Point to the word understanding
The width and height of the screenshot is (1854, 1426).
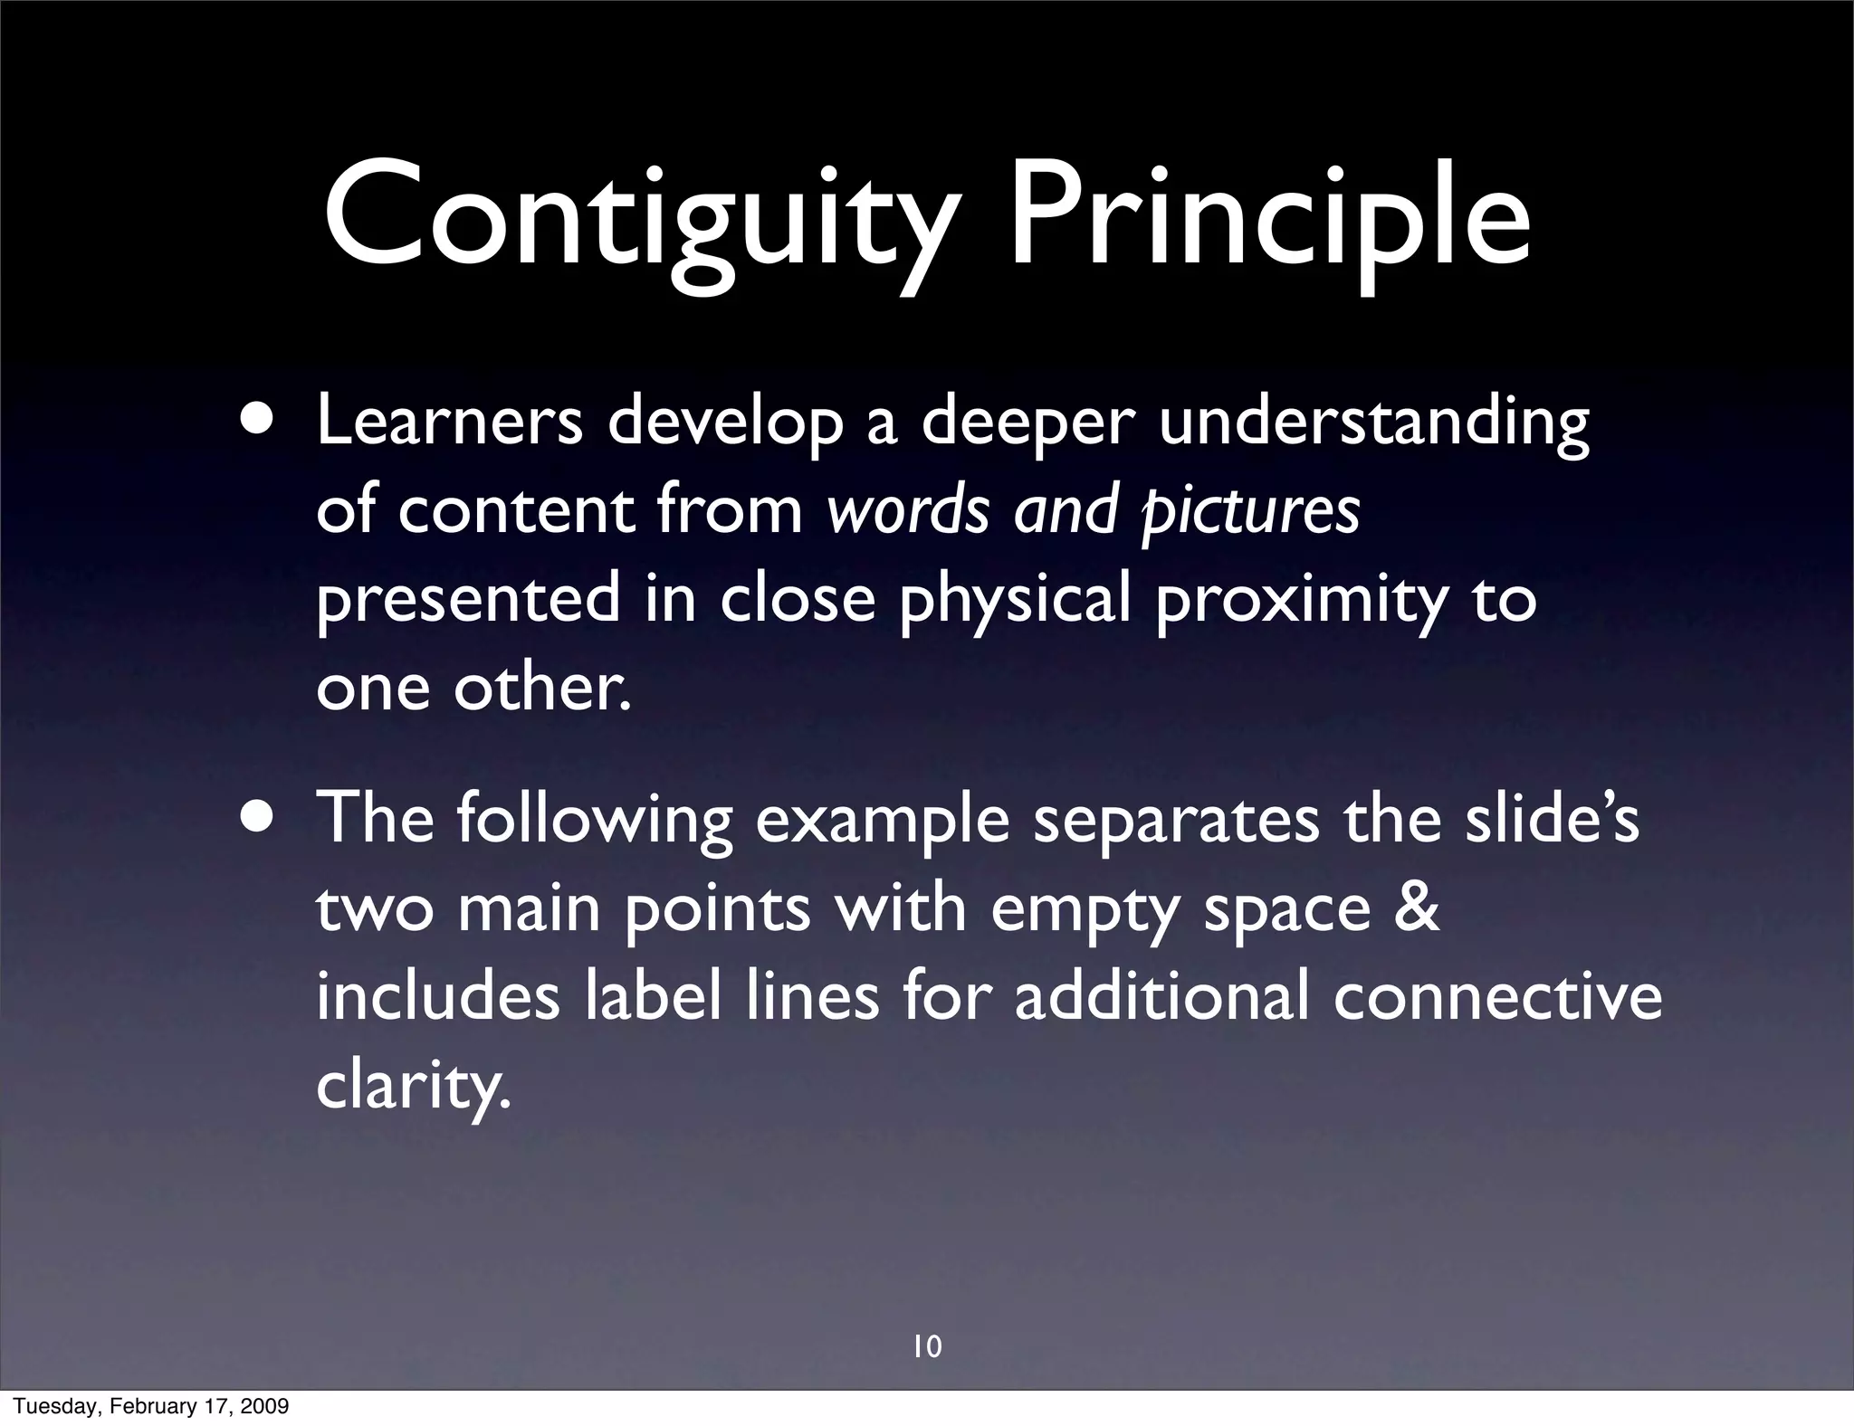[x=1373, y=425]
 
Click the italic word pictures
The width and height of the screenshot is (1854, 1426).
[x=1250, y=512]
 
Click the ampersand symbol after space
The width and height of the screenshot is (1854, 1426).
[x=1416, y=908]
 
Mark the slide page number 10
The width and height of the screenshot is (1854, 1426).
[x=927, y=1347]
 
